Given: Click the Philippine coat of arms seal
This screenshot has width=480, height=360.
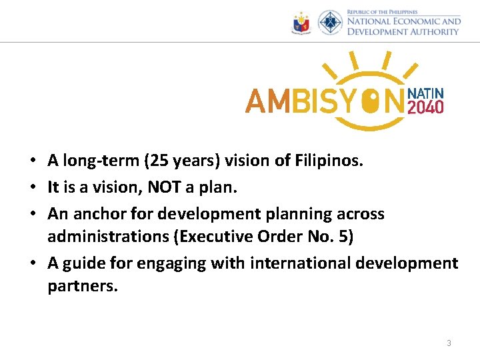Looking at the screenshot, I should [302, 24].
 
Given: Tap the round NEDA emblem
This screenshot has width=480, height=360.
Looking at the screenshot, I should [330, 23].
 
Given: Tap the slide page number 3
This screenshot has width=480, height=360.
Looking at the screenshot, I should [449, 343].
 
